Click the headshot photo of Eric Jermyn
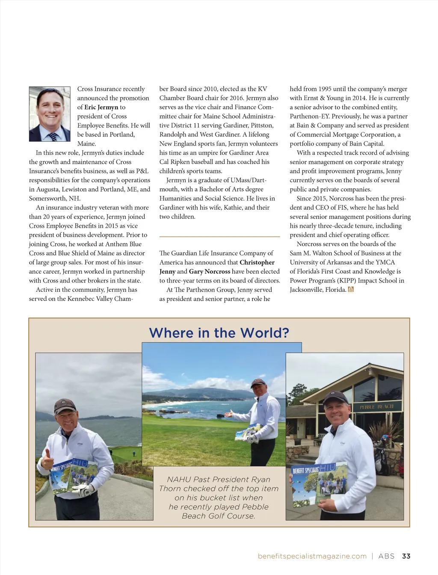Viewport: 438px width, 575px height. click(x=50, y=114)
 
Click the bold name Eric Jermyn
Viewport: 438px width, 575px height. click(x=101, y=107)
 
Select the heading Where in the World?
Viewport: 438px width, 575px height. click(x=219, y=332)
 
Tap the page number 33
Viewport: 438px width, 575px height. click(x=406, y=556)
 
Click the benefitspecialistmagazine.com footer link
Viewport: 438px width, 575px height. click(x=312, y=556)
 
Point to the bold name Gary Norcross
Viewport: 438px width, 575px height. click(x=210, y=271)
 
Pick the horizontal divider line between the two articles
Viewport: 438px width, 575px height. click(x=219, y=236)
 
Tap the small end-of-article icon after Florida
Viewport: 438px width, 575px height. click(x=351, y=290)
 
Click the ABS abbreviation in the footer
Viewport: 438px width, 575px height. click(x=387, y=556)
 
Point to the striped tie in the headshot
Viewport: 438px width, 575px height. click(x=53, y=136)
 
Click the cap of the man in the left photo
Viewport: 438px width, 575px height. click(x=65, y=405)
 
